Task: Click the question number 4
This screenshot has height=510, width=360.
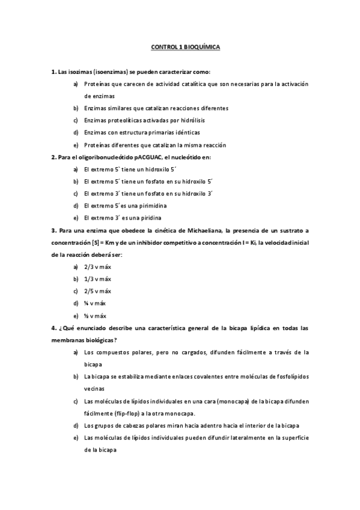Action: pyautogui.click(x=53, y=328)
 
